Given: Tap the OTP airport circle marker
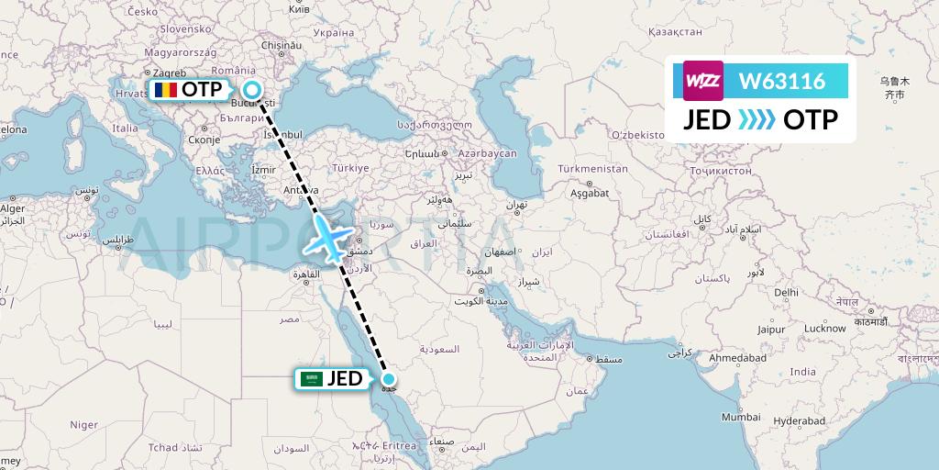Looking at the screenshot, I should pyautogui.click(x=251, y=90).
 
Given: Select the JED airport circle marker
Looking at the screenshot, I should pyautogui.click(x=389, y=379).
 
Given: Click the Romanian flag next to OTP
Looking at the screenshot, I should pyautogui.click(x=164, y=90).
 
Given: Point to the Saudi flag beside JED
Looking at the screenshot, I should pyautogui.click(x=313, y=378).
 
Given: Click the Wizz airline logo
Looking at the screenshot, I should pyautogui.click(x=703, y=81).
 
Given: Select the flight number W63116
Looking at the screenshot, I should pyautogui.click(x=782, y=82).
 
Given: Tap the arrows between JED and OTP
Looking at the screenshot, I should pyautogui.click(x=757, y=120).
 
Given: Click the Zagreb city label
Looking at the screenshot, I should pyautogui.click(x=166, y=73).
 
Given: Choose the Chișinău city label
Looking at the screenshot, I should pyautogui.click(x=282, y=44).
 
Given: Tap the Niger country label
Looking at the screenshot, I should pyautogui.click(x=84, y=424).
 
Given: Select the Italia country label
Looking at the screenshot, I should pyautogui.click(x=125, y=129).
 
